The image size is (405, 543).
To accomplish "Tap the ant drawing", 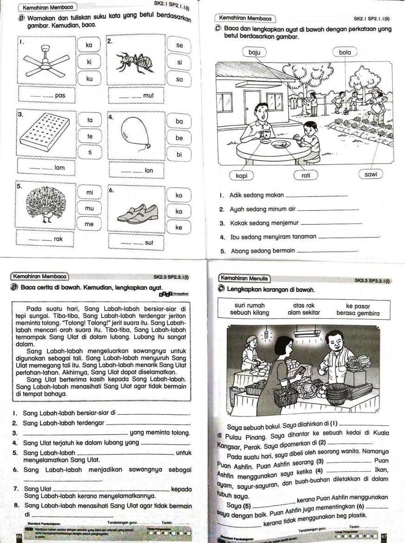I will coord(134,61).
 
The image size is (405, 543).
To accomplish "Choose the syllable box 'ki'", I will coord(89,62).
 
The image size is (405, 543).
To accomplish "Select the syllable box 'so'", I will coord(180,79).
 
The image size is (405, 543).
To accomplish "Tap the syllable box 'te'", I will coord(90,136).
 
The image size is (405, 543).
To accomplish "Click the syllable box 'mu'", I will coord(89,208).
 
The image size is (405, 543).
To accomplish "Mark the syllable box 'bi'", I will coord(179,154).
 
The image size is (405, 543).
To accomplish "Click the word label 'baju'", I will coord(255,52).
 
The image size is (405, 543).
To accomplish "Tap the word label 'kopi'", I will coord(241,175).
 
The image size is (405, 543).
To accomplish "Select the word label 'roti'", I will coord(306,175).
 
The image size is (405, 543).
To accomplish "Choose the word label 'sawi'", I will coord(371,174).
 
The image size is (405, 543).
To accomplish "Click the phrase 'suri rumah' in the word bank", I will coord(250,306).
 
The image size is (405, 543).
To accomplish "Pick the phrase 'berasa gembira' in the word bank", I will coord(358,313).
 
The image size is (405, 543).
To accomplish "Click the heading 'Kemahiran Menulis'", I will coord(244,279).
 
